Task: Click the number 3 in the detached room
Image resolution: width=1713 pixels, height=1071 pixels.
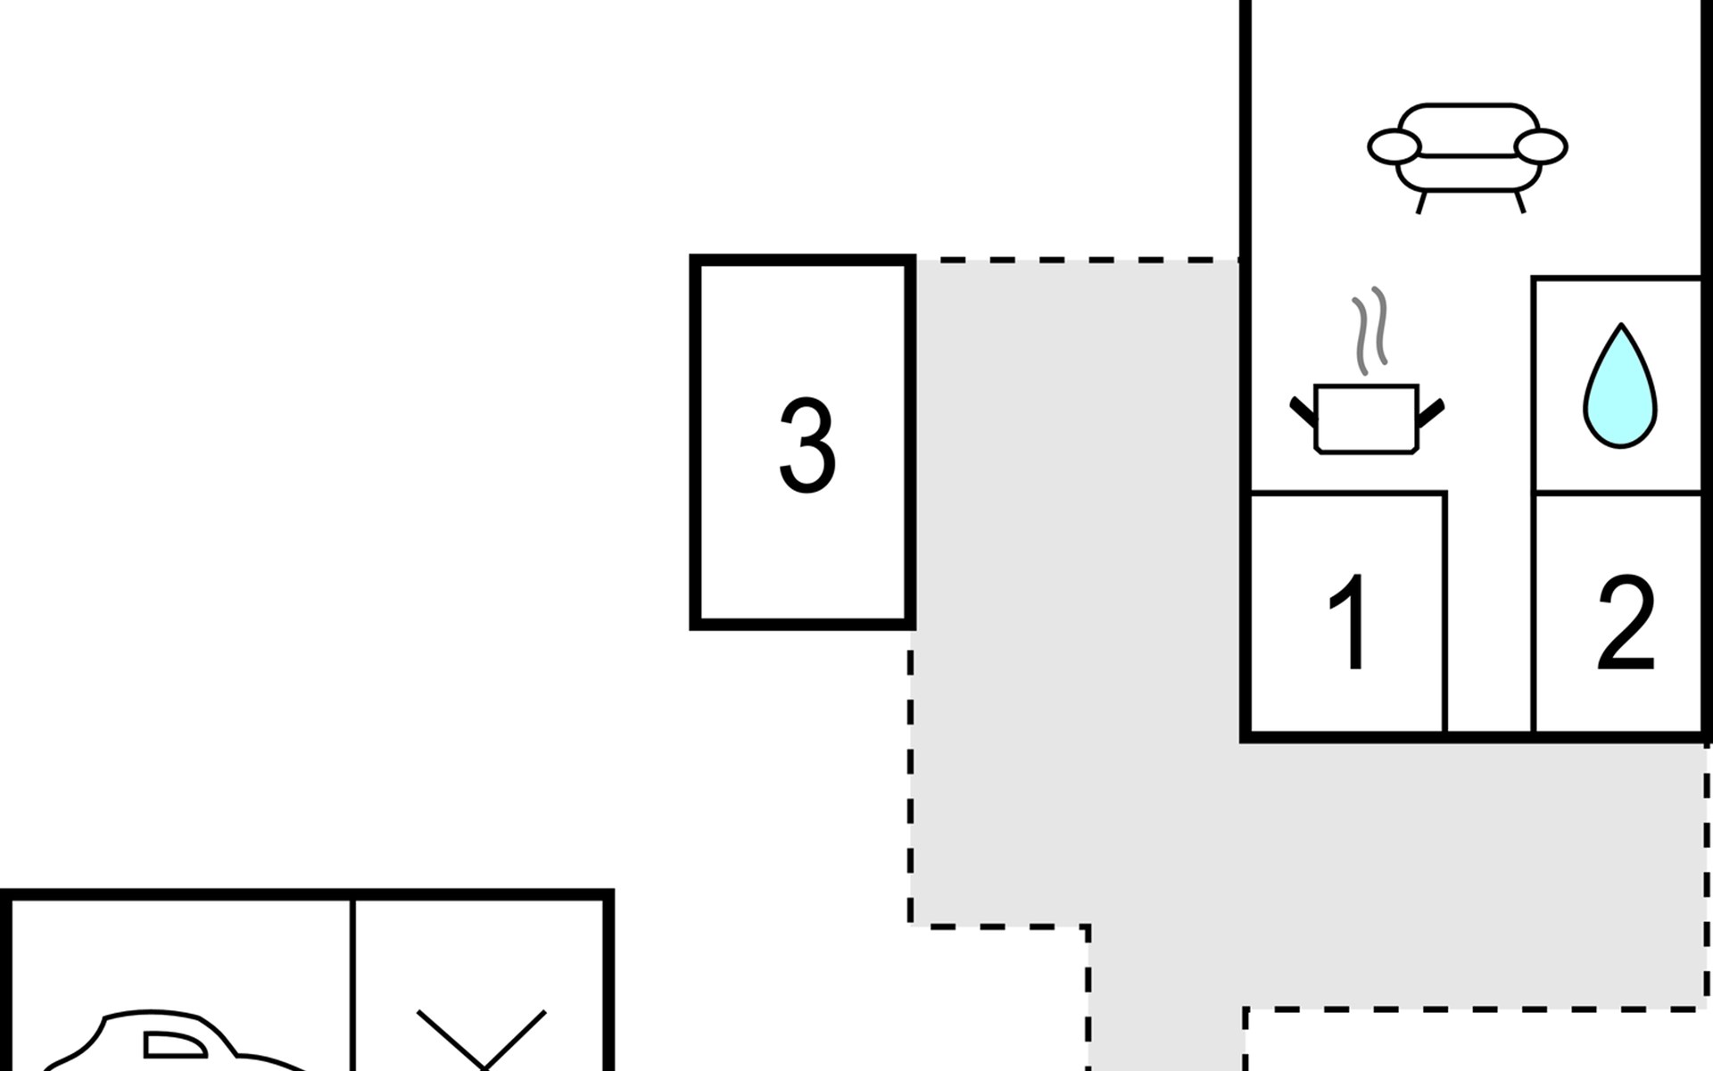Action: click(x=807, y=445)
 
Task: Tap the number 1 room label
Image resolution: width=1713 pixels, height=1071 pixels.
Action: click(x=1349, y=622)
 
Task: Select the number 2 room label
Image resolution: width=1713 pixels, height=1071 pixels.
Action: click(x=1626, y=622)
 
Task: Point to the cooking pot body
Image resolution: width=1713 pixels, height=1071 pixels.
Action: click(x=1366, y=419)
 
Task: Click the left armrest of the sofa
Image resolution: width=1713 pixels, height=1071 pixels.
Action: click(x=1394, y=147)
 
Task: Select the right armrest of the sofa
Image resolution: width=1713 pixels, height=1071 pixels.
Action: click(x=1541, y=147)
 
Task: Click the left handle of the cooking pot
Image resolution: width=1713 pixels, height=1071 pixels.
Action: click(x=1303, y=411)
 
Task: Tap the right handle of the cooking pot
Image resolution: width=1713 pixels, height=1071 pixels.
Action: click(x=1430, y=411)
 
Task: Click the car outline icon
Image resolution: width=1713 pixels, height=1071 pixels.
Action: click(x=170, y=1042)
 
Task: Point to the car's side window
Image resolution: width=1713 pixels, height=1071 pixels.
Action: click(x=175, y=1045)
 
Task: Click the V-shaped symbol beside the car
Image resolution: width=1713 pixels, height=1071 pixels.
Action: click(x=482, y=1040)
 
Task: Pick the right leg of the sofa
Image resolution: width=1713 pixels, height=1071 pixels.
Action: click(x=1519, y=202)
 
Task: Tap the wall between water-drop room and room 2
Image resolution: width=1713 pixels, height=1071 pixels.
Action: click(x=1618, y=492)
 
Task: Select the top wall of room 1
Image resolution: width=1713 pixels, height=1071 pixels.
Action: click(x=1348, y=492)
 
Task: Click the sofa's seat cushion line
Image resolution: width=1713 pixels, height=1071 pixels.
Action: click(x=1468, y=156)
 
